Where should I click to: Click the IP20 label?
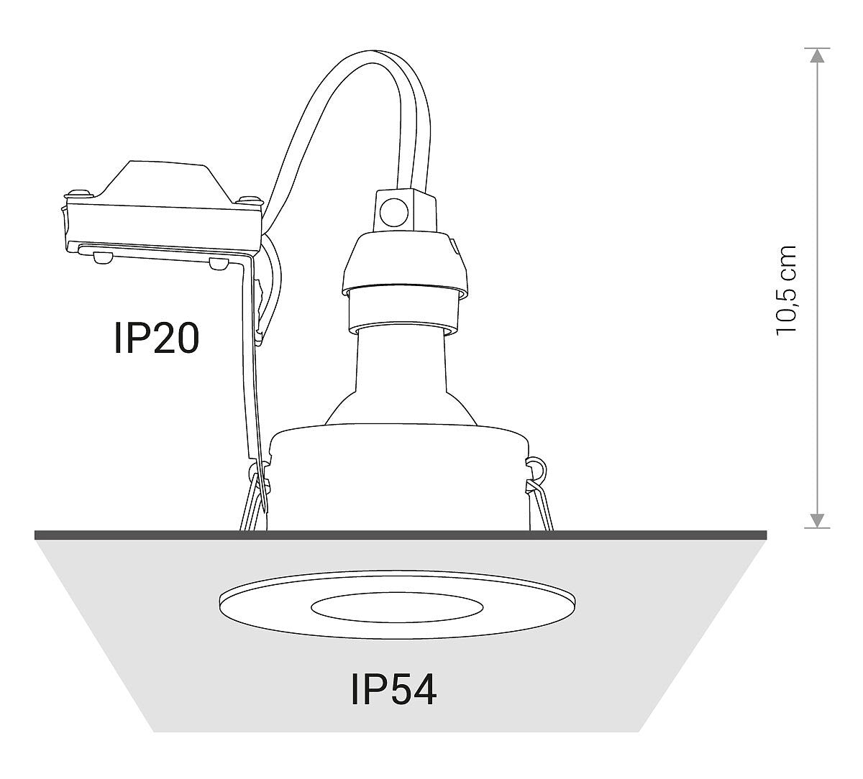[x=157, y=338]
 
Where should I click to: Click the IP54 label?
[x=393, y=690]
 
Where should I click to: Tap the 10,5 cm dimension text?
[x=787, y=290]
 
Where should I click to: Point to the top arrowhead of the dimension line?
[x=817, y=55]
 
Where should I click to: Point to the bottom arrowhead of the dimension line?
[x=817, y=520]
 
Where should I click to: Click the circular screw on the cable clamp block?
[x=394, y=211]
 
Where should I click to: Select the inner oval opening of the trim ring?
[x=397, y=607]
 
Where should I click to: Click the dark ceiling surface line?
[x=401, y=535]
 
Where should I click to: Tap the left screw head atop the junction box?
[x=78, y=193]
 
